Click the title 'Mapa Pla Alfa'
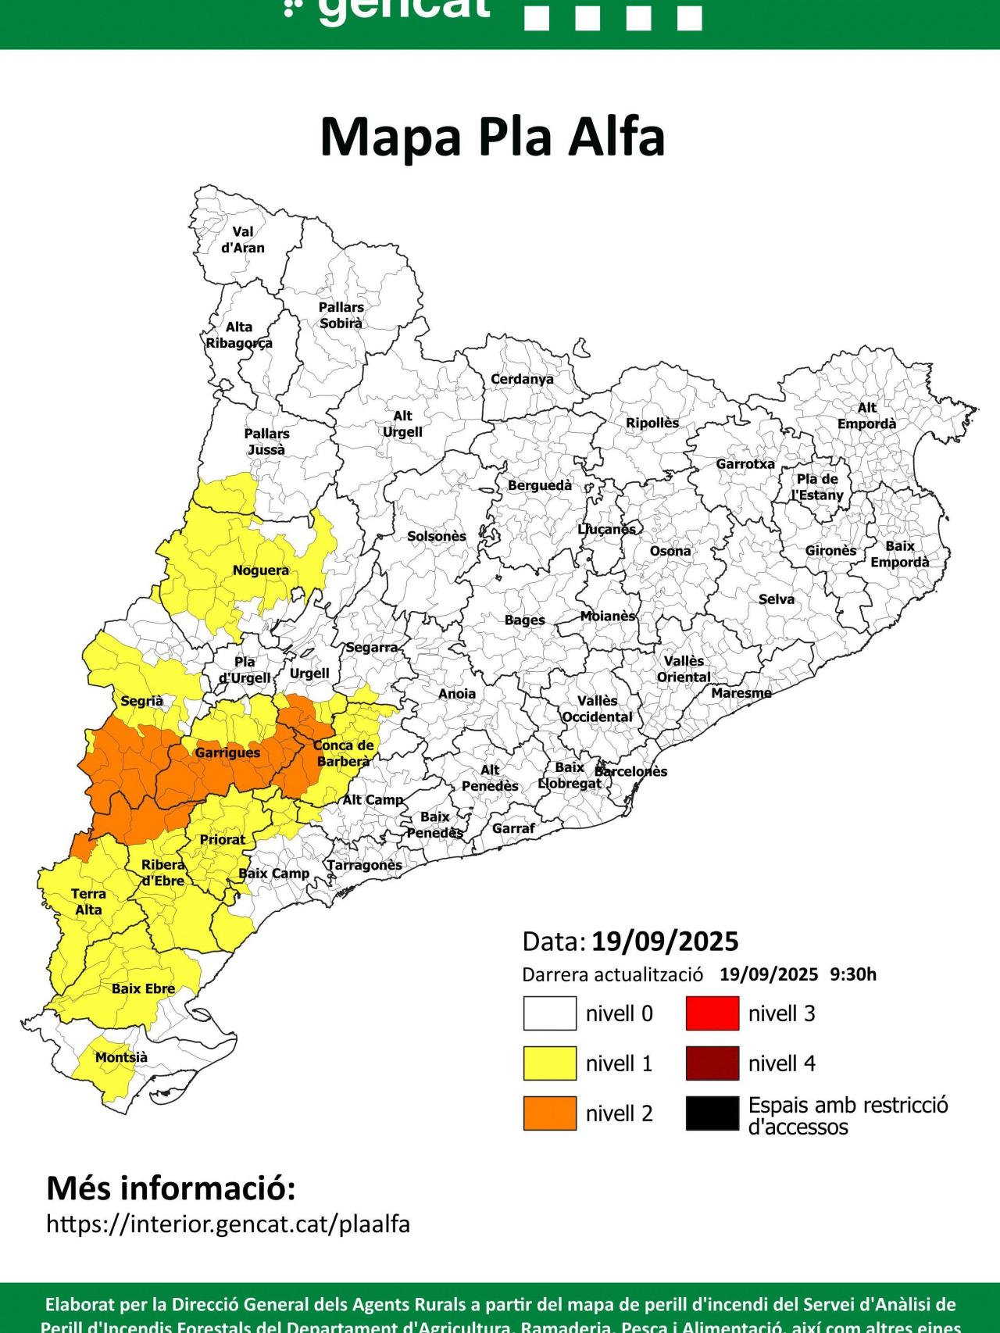(492, 137)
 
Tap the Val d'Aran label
(243, 240)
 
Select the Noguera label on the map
(260, 570)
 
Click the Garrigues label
(227, 752)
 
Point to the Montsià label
(121, 1057)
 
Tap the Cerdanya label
(522, 379)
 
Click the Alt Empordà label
(866, 416)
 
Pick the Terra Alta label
(88, 901)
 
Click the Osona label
(670, 551)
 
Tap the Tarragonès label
(364, 865)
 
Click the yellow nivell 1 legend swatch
(549, 1063)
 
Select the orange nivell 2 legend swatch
(549, 1113)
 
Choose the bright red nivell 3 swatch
(712, 1013)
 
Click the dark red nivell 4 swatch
(712, 1063)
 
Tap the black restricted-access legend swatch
(712, 1113)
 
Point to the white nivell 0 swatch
(549, 1013)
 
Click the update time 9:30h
(853, 974)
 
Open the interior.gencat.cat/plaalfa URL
(228, 1224)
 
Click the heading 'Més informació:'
(171, 1188)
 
